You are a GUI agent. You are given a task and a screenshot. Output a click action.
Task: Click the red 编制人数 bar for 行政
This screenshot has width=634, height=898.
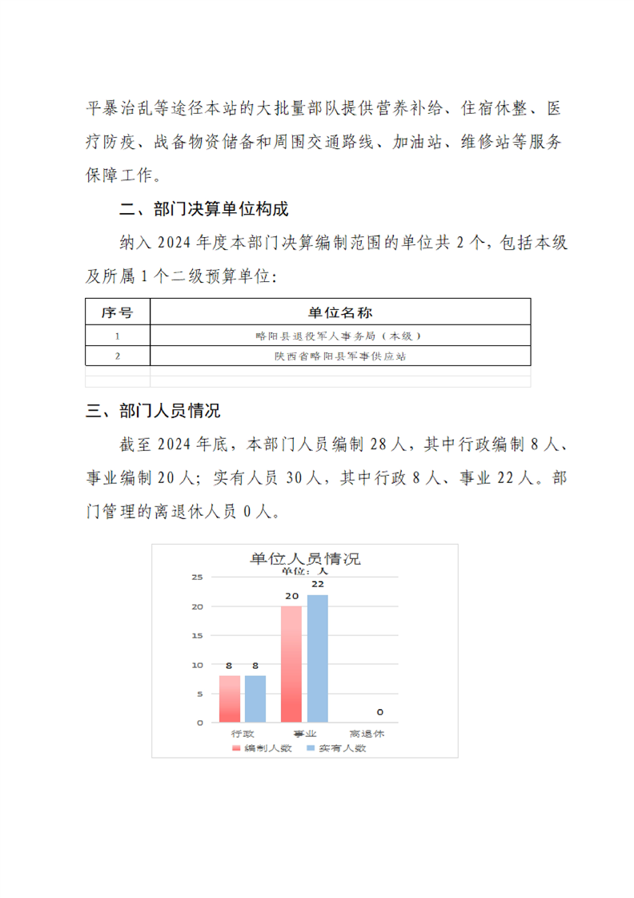click(230, 699)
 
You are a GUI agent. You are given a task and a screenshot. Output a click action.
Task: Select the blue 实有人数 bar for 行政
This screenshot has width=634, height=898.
click(255, 699)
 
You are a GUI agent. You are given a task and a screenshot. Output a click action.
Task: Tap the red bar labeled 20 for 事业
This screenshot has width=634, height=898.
click(291, 664)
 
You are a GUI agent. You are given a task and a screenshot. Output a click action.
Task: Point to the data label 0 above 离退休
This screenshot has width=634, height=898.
click(379, 711)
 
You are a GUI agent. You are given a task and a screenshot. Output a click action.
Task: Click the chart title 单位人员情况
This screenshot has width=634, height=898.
click(305, 558)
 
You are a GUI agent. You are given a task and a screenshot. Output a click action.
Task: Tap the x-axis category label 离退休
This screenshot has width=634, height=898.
click(367, 733)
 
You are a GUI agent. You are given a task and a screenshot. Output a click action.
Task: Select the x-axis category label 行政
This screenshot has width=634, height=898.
click(243, 733)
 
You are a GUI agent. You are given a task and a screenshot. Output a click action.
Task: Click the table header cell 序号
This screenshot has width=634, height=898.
click(118, 312)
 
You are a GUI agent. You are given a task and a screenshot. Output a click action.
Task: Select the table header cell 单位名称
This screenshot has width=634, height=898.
click(340, 312)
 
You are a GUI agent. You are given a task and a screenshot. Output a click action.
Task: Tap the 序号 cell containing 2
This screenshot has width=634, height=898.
click(118, 356)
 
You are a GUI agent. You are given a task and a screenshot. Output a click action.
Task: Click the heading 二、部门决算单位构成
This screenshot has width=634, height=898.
click(203, 210)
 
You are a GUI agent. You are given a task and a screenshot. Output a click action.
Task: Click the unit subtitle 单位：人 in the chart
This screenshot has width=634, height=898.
click(304, 572)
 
